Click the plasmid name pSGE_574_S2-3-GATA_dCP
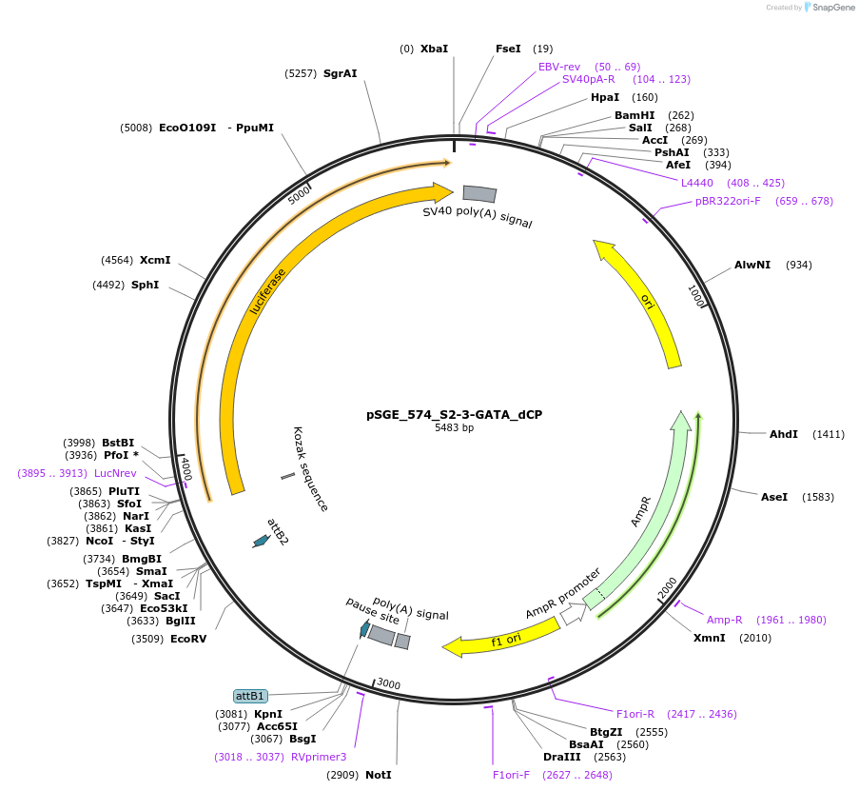(x=454, y=414)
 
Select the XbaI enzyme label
(x=434, y=49)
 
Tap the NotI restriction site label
(x=378, y=775)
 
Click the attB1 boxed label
(x=250, y=696)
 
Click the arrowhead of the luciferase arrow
(x=442, y=192)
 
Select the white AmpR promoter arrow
(x=573, y=615)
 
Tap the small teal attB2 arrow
(x=260, y=541)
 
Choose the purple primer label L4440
(x=696, y=183)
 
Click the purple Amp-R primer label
(x=724, y=620)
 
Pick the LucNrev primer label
(x=115, y=473)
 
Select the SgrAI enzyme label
(x=340, y=73)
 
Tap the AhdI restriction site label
(x=784, y=434)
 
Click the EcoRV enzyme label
(x=187, y=639)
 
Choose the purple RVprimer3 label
(x=319, y=757)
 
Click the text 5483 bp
(x=454, y=428)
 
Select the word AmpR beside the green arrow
(x=642, y=511)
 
